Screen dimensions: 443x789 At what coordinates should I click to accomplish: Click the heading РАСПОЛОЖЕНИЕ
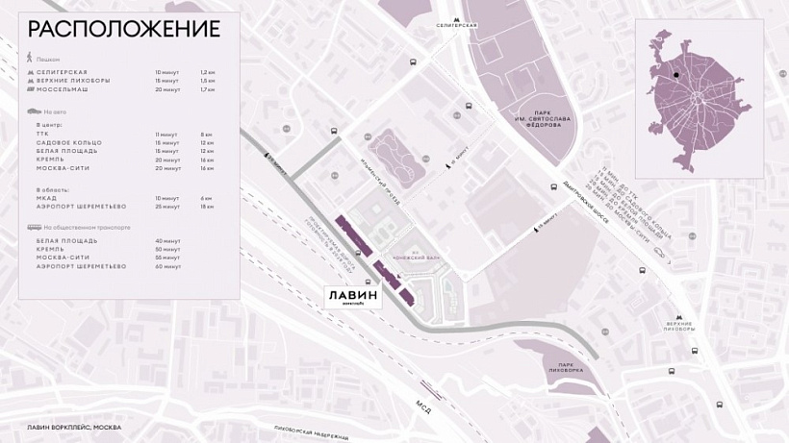[x=123, y=28]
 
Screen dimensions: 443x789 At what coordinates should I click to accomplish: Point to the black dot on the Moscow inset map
[x=676, y=74]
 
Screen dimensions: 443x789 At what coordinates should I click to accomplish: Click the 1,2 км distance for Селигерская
[x=207, y=72]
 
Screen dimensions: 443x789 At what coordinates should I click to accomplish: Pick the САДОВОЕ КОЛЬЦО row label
[x=68, y=143]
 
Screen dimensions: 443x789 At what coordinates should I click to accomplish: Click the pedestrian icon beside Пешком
[x=31, y=59]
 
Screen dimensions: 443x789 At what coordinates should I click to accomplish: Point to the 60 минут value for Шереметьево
[x=167, y=266]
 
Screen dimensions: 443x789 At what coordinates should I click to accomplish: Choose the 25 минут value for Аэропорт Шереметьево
[x=167, y=207]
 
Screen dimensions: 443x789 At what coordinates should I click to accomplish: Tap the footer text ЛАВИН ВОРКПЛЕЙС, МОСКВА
[x=74, y=427]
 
